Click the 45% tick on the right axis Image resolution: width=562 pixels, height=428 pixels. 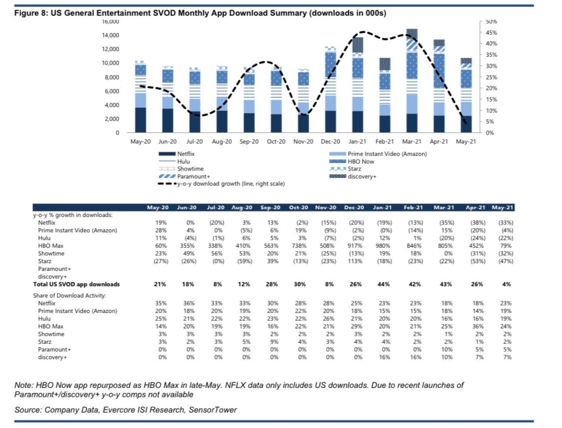pos(492,33)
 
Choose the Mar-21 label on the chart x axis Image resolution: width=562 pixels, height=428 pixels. pos(412,142)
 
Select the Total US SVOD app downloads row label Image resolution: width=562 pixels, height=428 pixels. pos(76,284)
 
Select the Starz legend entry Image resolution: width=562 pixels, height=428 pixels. pos(354,169)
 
